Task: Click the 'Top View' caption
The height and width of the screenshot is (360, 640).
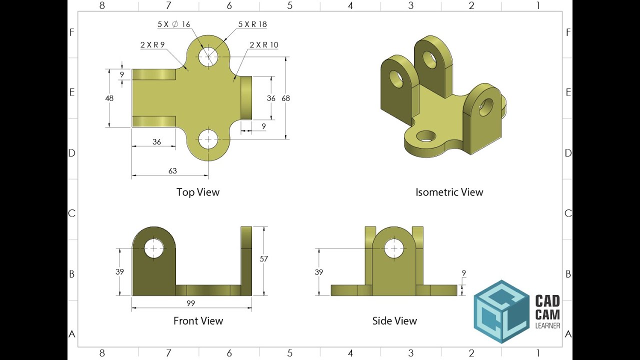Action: (198, 192)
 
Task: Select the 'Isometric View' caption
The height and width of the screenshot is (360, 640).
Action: (449, 192)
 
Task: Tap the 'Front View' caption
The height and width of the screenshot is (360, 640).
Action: (198, 321)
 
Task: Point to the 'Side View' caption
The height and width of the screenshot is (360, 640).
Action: (394, 321)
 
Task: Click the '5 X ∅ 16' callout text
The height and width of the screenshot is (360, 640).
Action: (173, 24)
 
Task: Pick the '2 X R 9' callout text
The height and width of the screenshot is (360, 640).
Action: (152, 44)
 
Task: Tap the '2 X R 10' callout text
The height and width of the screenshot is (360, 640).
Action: (263, 45)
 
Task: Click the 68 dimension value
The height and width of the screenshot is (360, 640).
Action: (285, 98)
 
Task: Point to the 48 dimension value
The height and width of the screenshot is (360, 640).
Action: (109, 98)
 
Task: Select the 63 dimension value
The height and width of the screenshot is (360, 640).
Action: (172, 171)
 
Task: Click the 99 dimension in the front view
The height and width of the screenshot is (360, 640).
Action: (190, 303)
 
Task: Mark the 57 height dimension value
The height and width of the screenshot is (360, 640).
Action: (264, 259)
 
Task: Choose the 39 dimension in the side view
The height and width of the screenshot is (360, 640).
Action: (319, 272)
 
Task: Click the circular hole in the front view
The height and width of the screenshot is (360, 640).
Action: (153, 248)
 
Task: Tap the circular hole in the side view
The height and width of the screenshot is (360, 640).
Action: (394, 248)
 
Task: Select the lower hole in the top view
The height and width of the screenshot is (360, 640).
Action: (208, 139)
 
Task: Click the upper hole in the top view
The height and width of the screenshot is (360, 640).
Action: (208, 56)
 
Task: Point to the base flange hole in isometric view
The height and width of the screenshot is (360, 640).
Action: (426, 135)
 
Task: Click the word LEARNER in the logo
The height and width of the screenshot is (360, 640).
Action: (547, 326)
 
